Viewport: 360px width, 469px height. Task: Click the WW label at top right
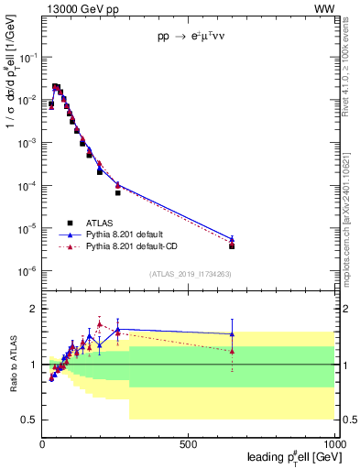(325, 9)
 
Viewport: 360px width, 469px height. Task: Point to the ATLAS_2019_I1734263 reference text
(191, 274)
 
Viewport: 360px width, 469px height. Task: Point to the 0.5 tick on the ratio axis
(30, 420)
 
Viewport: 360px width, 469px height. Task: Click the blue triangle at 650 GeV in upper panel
(233, 240)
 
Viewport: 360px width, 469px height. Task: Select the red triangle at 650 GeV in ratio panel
(233, 351)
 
